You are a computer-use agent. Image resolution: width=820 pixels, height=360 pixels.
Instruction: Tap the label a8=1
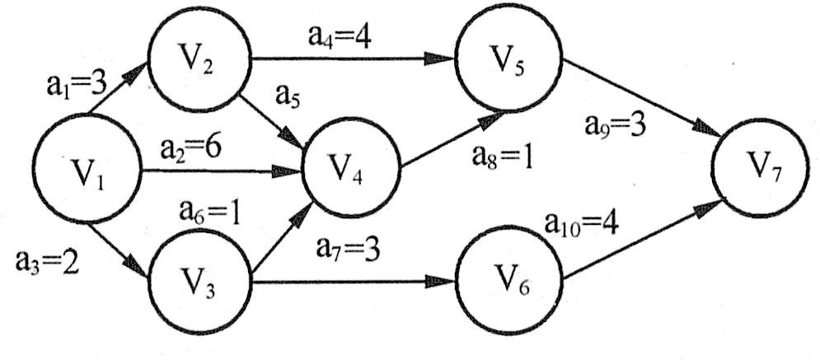click(499, 157)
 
